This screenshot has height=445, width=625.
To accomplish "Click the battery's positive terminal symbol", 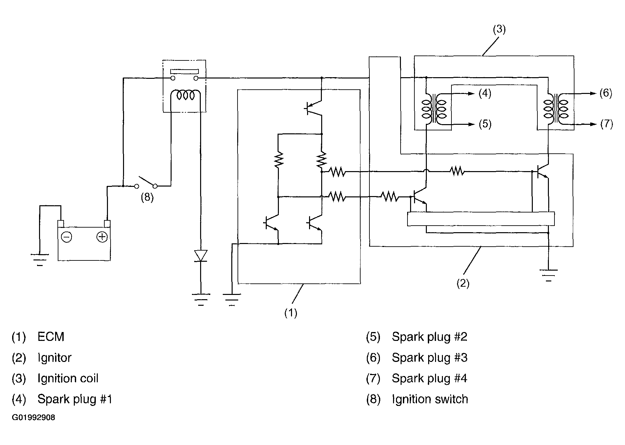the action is (102, 237).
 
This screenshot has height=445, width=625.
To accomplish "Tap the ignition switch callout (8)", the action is (147, 198).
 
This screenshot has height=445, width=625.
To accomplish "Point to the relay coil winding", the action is (185, 95).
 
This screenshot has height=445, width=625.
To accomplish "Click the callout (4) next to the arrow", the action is (485, 93).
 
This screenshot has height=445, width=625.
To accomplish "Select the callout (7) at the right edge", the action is (606, 124).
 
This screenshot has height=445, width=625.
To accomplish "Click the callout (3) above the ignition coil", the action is (499, 29).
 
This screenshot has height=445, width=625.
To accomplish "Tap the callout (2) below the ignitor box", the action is (463, 283).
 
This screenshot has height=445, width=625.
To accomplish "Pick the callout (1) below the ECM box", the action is (291, 313).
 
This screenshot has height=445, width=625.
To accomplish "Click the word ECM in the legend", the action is (51, 337).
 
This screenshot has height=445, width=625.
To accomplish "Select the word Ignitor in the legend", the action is (54, 358).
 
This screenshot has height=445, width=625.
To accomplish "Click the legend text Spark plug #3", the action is (429, 358).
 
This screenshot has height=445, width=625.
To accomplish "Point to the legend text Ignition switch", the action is (430, 399).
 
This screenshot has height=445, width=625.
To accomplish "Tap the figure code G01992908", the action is (33, 418).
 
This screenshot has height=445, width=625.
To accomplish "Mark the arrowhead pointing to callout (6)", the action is (593, 93).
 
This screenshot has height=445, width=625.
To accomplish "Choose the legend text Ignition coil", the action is (68, 379).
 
